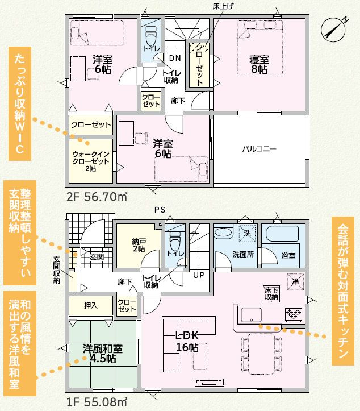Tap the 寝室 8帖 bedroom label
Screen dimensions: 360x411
pos(259,65)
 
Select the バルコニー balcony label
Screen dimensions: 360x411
pos(259,149)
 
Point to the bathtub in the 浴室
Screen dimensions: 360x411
pos(282,234)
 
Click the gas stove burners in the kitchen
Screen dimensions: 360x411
pos(294,313)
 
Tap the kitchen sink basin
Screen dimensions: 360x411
pos(251,315)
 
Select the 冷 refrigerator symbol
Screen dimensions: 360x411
pos(296,282)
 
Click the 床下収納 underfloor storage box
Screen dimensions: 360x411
pos(271,293)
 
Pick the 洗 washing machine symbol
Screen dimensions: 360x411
pos(248,233)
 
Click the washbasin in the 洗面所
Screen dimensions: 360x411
pos(223,233)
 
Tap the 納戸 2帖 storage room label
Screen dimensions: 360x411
pos(139,245)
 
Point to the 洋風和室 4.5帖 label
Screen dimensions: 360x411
pos(103,354)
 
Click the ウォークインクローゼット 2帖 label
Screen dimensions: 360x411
pos(91,161)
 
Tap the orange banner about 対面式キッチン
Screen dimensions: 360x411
pos(343,291)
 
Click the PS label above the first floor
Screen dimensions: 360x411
pos(160,210)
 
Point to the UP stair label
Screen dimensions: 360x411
pos(199,275)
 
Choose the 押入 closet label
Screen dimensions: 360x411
pos(91,305)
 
